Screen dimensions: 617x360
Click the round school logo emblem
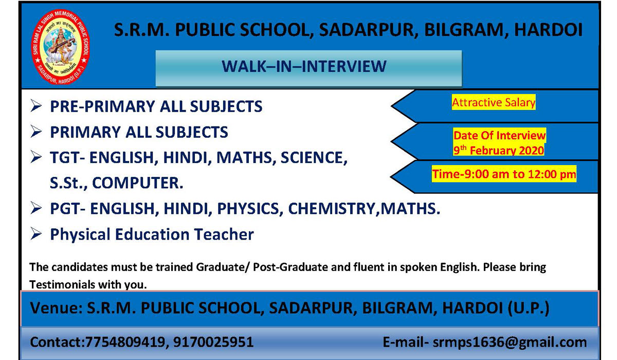click(60, 47)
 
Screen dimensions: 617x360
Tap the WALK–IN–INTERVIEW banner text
click(304, 66)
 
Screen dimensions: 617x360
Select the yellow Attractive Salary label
click(494, 102)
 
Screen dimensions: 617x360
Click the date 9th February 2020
click(499, 150)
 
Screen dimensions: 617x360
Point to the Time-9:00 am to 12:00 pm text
click(504, 174)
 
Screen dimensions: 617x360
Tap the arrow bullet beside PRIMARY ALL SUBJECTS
click(36, 132)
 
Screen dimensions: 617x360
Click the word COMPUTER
click(137, 183)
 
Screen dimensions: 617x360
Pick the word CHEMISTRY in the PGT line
click(332, 209)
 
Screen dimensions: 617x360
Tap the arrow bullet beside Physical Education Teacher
click(36, 234)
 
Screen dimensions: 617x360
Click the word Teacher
click(224, 234)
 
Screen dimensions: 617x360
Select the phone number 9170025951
click(213, 343)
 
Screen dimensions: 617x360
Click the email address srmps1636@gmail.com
click(510, 343)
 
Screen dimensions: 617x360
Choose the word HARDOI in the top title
click(549, 30)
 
